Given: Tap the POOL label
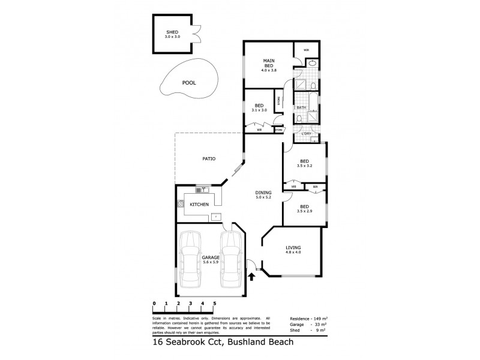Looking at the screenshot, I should [x=190, y=85].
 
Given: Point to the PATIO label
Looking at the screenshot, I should [x=208, y=158].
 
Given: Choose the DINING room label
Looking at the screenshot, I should [x=263, y=193].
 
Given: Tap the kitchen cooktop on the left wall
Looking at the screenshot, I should [x=179, y=203].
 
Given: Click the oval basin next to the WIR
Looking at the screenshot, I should [x=313, y=64].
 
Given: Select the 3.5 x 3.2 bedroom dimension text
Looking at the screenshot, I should [x=305, y=166].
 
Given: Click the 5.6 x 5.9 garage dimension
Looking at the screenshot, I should [x=211, y=261].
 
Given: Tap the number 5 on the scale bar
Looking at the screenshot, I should [x=214, y=304].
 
